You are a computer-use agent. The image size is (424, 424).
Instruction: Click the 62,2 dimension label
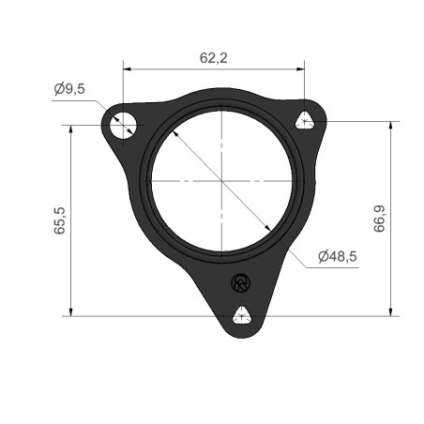214,58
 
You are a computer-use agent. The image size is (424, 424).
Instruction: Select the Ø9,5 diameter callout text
69,89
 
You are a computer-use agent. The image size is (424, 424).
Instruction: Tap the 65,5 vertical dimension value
59,220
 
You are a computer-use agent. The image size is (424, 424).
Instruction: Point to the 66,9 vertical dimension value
379,219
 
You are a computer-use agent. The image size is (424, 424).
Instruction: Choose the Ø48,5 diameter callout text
338,257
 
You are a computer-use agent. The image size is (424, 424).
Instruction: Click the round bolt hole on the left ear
123,125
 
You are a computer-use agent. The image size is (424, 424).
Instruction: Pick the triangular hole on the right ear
305,120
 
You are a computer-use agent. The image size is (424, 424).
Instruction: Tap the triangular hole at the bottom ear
242,315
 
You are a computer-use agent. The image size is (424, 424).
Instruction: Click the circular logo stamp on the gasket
240,283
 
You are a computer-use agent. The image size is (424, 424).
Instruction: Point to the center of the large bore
221,181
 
